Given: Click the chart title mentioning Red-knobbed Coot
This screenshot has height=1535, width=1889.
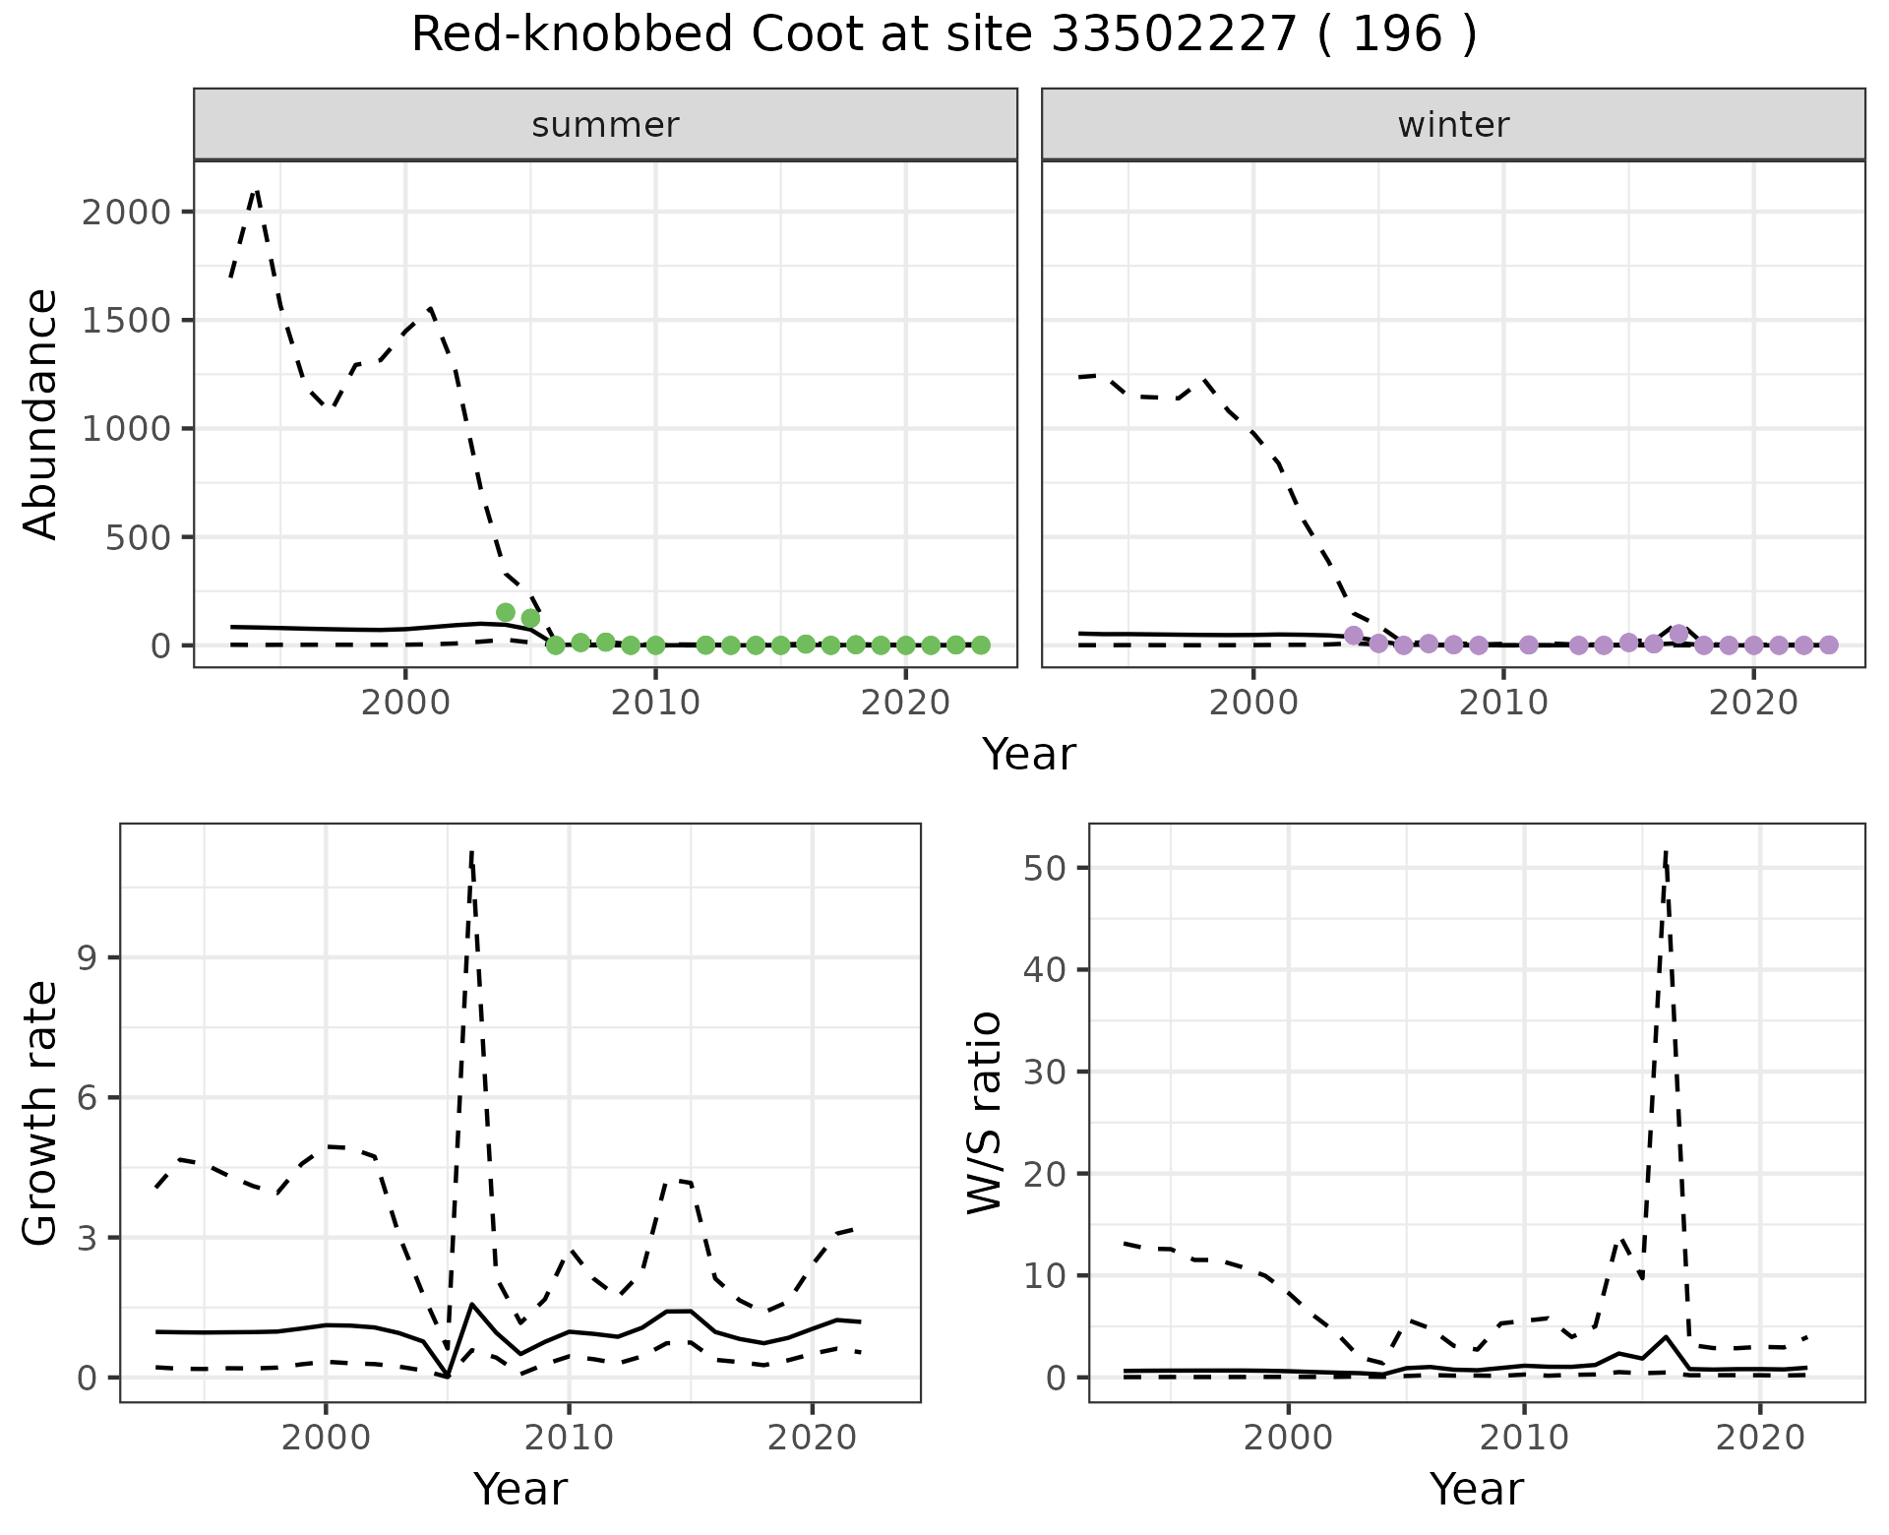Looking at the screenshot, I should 944,36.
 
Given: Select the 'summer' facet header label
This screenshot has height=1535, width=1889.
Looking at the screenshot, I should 605,125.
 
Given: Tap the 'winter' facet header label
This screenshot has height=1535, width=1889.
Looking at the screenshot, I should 1453,125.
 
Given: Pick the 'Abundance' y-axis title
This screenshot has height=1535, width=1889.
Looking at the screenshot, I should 41,413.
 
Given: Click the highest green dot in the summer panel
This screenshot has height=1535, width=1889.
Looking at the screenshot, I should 506,613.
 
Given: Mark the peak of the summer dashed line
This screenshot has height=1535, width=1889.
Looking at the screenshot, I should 257,190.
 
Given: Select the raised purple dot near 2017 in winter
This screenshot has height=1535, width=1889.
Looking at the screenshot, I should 1679,634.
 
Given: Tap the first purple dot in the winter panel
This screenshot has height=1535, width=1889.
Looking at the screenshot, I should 1354,636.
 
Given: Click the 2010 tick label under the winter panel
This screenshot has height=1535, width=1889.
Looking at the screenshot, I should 1502,704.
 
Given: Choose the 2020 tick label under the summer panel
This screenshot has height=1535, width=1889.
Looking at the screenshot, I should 905,704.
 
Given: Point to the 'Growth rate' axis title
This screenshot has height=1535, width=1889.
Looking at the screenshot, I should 41,1112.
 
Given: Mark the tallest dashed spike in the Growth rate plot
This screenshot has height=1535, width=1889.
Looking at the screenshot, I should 472,852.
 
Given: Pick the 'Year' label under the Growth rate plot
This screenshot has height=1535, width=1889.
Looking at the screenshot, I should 520,1489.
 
